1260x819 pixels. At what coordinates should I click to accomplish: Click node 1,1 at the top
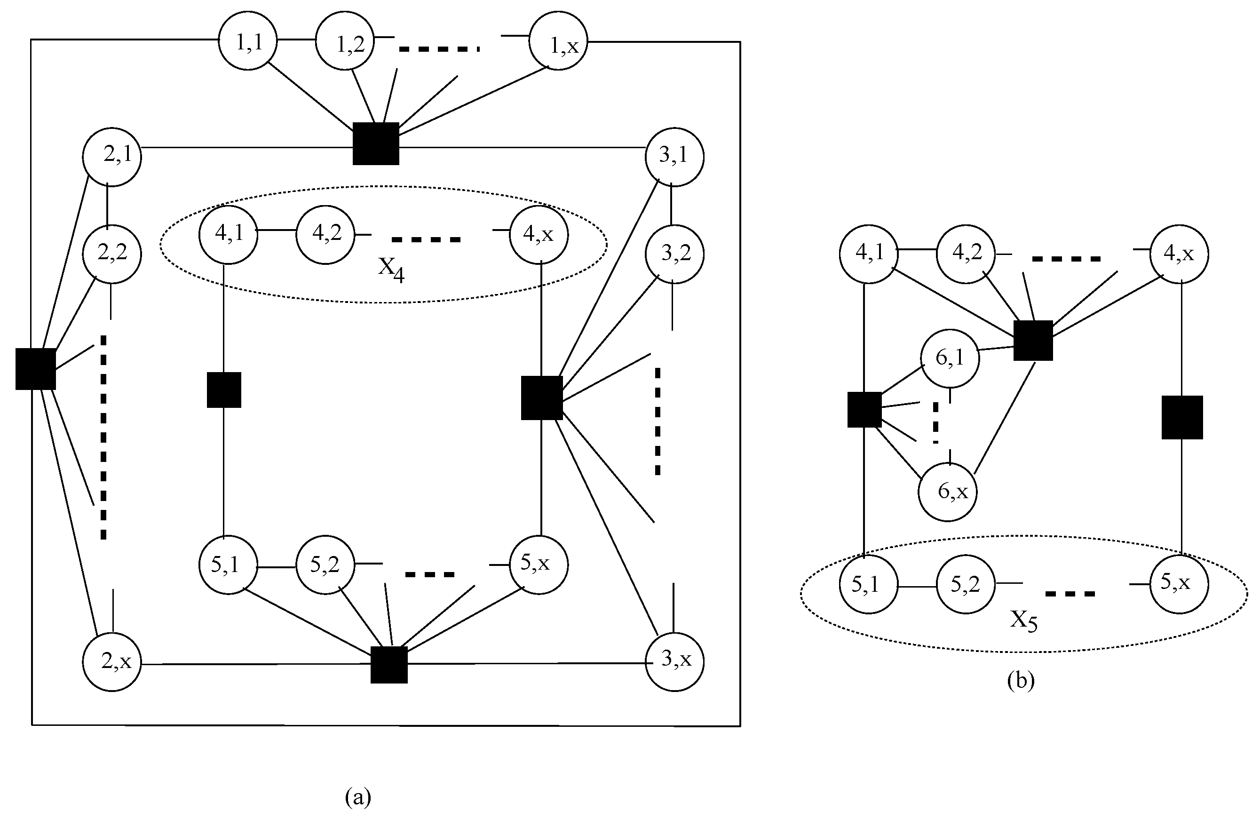click(248, 42)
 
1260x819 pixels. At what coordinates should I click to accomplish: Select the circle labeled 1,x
click(558, 41)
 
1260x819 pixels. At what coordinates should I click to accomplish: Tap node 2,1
click(112, 157)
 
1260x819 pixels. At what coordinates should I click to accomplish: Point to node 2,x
click(112, 662)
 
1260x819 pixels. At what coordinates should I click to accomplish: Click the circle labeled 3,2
click(674, 254)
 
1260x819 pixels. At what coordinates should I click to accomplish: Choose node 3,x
click(674, 662)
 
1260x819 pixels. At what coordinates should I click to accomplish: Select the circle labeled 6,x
click(947, 493)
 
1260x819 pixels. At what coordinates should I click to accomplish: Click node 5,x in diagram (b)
click(1179, 584)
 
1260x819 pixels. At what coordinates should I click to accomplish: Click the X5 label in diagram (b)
click(1023, 620)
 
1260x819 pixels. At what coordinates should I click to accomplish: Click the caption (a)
click(358, 796)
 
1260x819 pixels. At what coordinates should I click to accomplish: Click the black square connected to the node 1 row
click(376, 143)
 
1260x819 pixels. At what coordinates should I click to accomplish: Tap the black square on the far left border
click(35, 369)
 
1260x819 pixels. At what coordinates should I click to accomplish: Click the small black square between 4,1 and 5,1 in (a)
click(224, 390)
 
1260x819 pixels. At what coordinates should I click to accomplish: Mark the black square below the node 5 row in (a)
click(388, 665)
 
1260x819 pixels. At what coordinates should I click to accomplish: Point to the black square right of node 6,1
click(1033, 341)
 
